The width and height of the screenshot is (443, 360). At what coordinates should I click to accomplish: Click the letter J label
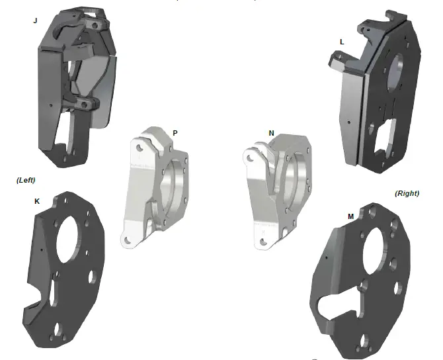pos(35,21)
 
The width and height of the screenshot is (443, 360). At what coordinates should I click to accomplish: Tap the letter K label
pos(36,201)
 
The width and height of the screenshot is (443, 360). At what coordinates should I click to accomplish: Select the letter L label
pos(341,42)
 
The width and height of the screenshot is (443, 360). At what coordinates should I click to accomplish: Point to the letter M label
pos(350,216)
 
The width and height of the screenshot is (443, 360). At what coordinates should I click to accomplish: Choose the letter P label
pos(175,133)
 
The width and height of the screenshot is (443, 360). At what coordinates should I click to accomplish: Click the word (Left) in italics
pos(25,179)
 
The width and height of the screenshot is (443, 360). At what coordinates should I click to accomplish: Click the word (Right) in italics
pos(408,193)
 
